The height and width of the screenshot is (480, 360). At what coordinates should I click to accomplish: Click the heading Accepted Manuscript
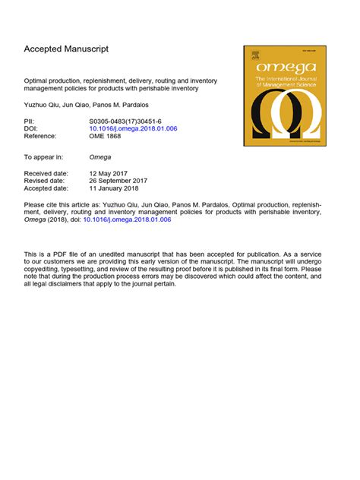[x=66, y=49]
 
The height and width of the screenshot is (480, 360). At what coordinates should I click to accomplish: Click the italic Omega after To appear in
[x=100, y=157]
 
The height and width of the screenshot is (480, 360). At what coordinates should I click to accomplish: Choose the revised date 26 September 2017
[x=118, y=181]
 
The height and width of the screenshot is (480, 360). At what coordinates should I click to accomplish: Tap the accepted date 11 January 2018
[x=116, y=188]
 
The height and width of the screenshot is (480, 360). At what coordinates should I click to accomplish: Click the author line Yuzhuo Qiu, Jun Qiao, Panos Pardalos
[x=81, y=102]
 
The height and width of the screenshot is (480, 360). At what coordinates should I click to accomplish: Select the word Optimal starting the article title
[x=36, y=81]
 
